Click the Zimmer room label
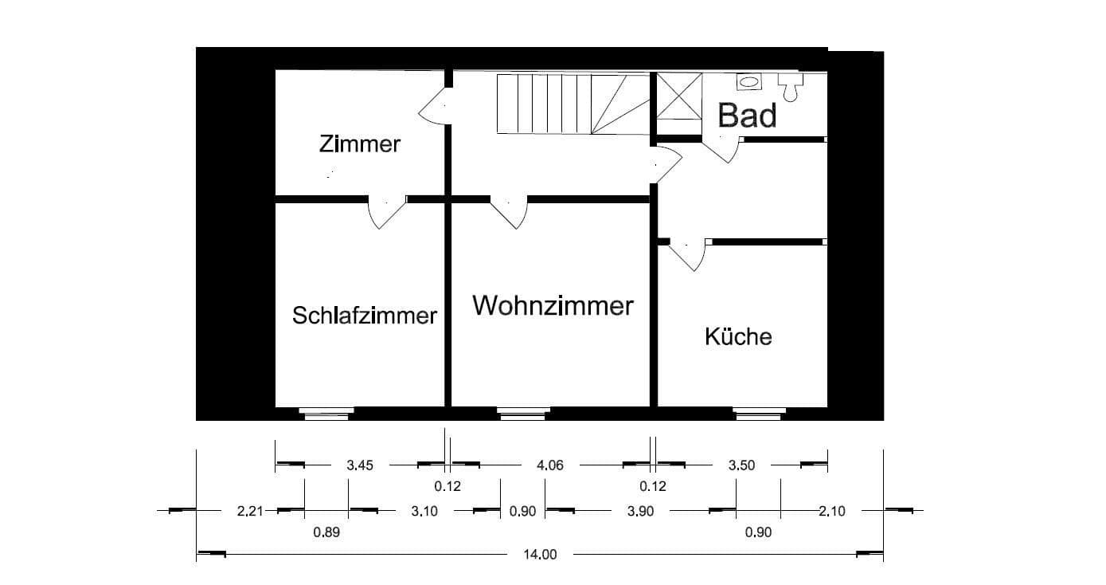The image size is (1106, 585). coord(359,144)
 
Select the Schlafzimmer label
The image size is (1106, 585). coord(365,316)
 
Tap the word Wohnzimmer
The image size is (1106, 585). coord(553,305)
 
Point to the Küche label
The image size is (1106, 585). coord(738,336)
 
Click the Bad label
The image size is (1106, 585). coord(747,116)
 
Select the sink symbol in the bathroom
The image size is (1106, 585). coord(748,80)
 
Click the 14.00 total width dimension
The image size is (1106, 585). coord(541,555)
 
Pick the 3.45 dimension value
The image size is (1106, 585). coord(360,465)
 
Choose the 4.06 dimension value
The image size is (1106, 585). coord(550,465)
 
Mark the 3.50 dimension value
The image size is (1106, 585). coord(741,465)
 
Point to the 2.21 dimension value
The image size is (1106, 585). coord(250,512)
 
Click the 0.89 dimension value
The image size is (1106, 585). coord(326,532)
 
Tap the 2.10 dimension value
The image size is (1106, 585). coord(831,512)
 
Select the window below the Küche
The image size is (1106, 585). coord(759,413)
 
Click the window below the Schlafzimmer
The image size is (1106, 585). coord(326,413)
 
